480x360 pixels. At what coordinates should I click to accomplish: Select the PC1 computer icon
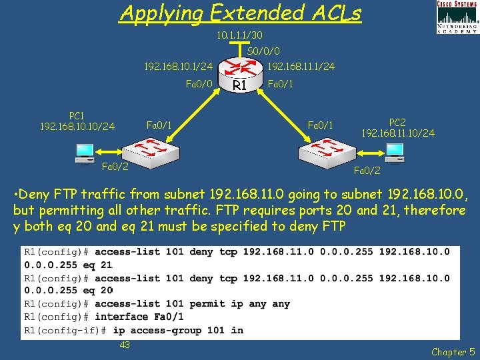pos(85,153)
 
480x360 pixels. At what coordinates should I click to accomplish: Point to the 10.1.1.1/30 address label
pos(239,35)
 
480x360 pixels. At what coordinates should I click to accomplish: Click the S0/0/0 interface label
pos(263,51)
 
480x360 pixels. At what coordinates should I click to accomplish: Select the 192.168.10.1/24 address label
pos(179,67)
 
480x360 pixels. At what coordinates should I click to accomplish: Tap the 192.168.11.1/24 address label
pos(301,67)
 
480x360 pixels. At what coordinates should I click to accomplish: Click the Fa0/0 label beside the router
pos(199,84)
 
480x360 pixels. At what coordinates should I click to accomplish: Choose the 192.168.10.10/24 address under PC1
pos(77,126)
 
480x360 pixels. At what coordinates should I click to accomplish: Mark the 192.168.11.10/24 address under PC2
pos(398,133)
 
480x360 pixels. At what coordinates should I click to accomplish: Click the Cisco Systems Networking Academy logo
pos(457,17)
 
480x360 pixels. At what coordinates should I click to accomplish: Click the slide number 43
pos(124,345)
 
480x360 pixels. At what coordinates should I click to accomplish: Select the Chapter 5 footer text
pos(453,351)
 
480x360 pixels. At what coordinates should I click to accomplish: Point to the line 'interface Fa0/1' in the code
pos(139,317)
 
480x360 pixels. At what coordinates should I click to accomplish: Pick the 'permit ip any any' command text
pos(239,303)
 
